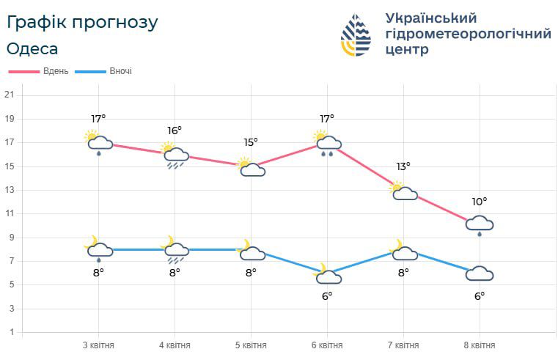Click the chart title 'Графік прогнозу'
coord(82,23)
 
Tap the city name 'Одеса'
coord(32,49)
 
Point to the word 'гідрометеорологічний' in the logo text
coord(468,34)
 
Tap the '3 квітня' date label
coord(98,345)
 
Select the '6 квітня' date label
coord(326,345)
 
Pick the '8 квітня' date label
coord(480,345)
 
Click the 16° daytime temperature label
coord(175,131)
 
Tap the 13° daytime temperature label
coord(403,166)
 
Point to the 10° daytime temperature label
coord(480,202)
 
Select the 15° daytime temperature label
coord(251,142)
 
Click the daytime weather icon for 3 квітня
coord(98,142)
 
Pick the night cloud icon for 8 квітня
coord(480,273)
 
